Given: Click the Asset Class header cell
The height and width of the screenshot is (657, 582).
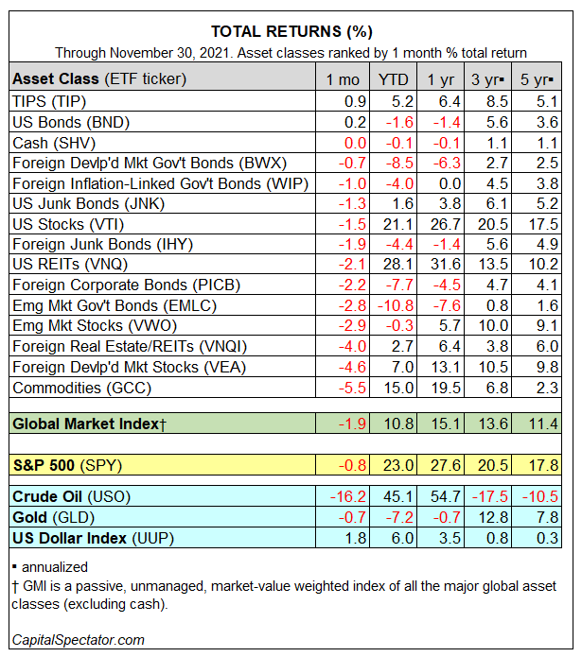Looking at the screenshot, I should pyautogui.click(x=99, y=78).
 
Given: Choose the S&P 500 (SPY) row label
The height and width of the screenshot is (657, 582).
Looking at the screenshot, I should pyautogui.click(x=67, y=464).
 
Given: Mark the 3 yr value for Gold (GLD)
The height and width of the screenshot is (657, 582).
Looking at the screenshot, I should pyautogui.click(x=495, y=517).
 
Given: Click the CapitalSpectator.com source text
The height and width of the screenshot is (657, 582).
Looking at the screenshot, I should pyautogui.click(x=79, y=640).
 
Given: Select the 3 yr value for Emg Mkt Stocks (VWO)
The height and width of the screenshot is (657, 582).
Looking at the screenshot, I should pyautogui.click(x=495, y=325).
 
